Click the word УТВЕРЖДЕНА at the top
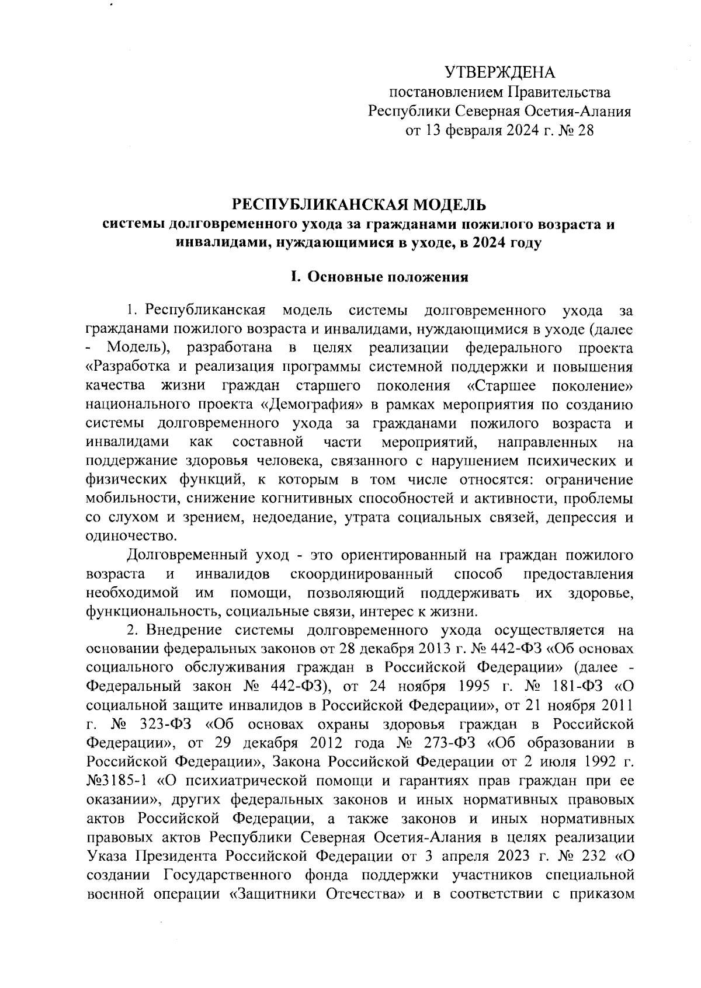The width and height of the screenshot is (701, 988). (499, 73)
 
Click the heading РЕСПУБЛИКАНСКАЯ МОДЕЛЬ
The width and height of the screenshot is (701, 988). (359, 205)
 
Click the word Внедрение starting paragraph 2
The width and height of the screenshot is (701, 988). (184, 631)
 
